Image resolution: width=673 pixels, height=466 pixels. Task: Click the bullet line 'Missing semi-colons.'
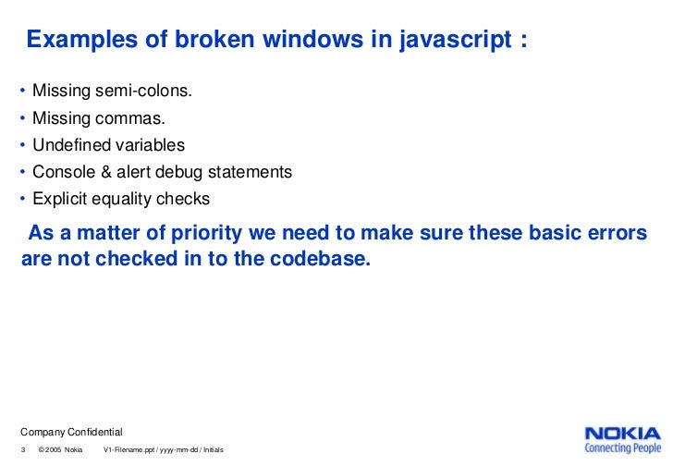pos(113,92)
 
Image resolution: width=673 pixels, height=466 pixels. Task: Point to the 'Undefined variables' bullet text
pos(108,145)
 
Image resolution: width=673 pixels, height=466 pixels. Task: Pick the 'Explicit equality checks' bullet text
pos(121,199)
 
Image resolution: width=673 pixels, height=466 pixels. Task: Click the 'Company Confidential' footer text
pos(71,433)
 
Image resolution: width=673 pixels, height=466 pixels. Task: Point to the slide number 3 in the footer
pos(23,450)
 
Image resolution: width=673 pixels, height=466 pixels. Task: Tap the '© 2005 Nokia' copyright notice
pos(61,450)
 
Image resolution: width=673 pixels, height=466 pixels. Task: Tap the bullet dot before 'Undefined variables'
pos(22,145)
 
